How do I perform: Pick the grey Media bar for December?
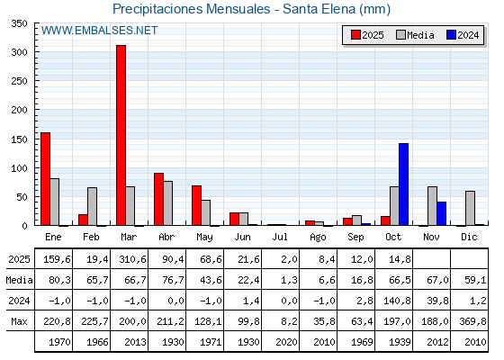[470, 208]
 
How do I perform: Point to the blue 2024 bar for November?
[442, 214]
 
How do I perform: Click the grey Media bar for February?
[93, 206]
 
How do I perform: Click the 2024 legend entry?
[462, 35]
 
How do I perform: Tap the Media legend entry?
[414, 35]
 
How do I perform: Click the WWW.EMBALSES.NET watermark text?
[99, 31]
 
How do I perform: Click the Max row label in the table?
[19, 321]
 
